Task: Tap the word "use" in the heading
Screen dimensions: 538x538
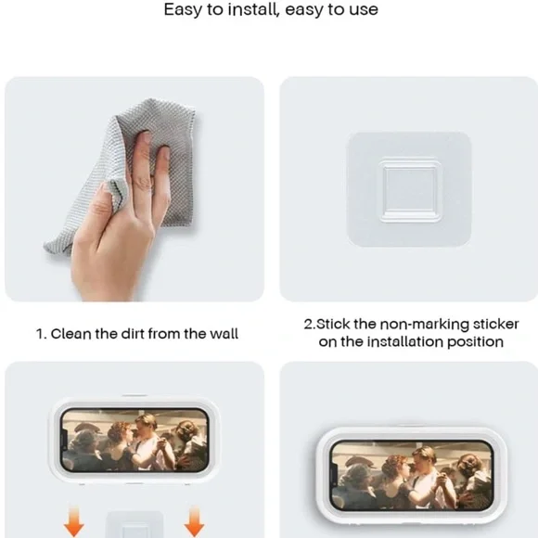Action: pos(364,10)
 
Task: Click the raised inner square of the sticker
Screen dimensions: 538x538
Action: pos(410,190)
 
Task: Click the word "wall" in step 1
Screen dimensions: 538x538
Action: pos(224,334)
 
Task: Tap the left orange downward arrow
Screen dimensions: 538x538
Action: pos(74,522)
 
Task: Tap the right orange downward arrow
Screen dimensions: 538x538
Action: pos(194,521)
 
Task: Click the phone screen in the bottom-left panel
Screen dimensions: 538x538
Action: pos(134,440)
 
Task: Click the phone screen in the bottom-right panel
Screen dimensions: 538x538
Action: pos(412,476)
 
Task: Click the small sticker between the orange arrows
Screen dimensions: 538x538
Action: pos(134,524)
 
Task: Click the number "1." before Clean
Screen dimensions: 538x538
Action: pos(41,334)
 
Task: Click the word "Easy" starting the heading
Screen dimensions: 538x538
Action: pos(183,9)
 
